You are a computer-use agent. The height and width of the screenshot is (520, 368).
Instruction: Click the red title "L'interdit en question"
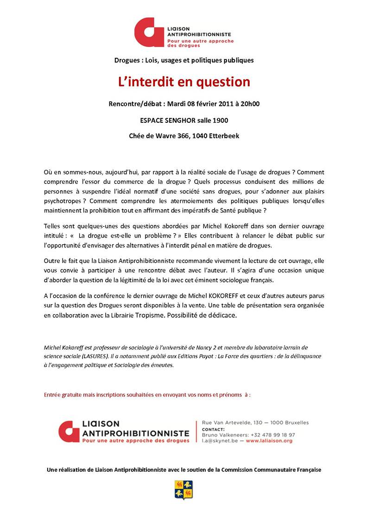(184, 82)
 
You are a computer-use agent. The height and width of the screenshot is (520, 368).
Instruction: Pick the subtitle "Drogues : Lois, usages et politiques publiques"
(184, 60)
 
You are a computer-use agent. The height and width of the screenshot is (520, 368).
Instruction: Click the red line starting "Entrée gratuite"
(147, 395)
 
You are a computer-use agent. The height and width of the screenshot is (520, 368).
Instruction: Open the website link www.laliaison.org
(269, 441)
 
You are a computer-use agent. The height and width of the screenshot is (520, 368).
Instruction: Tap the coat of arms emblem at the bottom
(184, 489)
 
